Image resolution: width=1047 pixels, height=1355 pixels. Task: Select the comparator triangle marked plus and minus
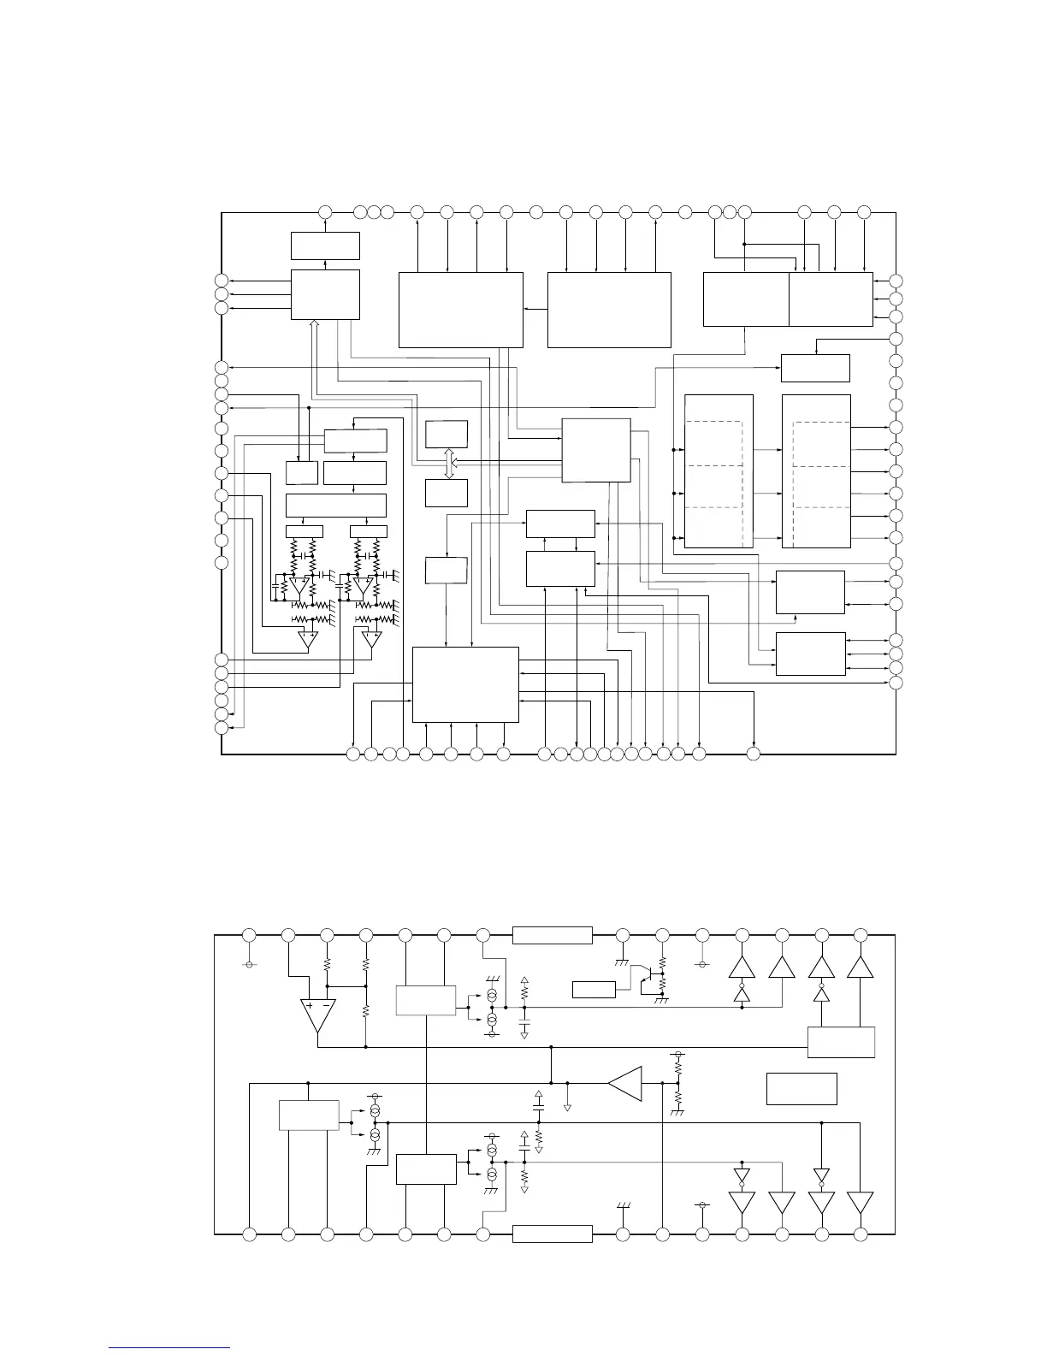pyautogui.click(x=316, y=1015)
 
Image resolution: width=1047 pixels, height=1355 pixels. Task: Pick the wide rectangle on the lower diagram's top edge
pyautogui.click(x=552, y=935)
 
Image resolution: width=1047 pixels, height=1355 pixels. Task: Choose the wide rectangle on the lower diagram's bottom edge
pyautogui.click(x=552, y=1234)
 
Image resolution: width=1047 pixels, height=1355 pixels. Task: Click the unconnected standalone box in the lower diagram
pyautogui.click(x=801, y=1088)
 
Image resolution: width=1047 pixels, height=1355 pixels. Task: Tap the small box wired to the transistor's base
pyautogui.click(x=593, y=990)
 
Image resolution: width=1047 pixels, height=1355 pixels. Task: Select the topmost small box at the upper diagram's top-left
pyautogui.click(x=325, y=246)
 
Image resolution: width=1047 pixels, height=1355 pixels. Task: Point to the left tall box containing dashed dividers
pyautogui.click(x=719, y=470)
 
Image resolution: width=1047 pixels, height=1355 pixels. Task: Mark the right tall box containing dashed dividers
pyautogui.click(x=816, y=470)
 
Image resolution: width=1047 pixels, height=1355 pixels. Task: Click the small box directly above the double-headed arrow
pyautogui.click(x=447, y=434)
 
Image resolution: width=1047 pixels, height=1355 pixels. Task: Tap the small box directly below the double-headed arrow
pyautogui.click(x=447, y=493)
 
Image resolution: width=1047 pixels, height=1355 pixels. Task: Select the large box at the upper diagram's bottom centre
pyautogui.click(x=465, y=684)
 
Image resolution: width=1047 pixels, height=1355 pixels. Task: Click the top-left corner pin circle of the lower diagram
pyautogui.click(x=249, y=934)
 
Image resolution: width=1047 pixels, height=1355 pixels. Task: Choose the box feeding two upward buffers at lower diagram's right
pyautogui.click(x=841, y=1041)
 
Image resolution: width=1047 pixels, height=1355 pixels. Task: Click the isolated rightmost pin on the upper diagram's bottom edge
pyautogui.click(x=754, y=754)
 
